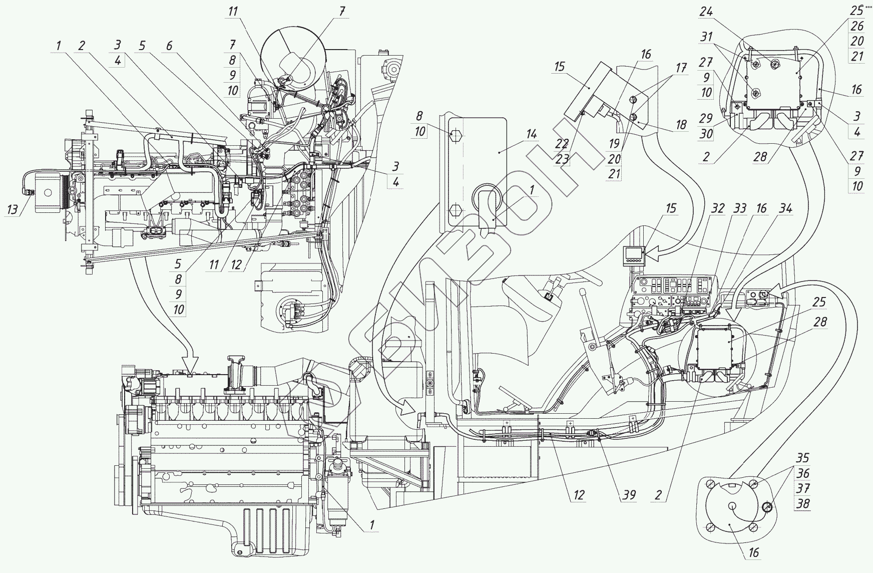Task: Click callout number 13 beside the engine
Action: [14, 209]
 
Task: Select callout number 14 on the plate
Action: [531, 134]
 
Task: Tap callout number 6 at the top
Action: [169, 46]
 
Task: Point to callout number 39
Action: [629, 495]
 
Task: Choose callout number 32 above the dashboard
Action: [718, 209]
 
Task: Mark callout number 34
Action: [786, 209]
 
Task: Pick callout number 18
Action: [681, 124]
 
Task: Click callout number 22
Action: [562, 144]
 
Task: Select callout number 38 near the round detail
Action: [802, 503]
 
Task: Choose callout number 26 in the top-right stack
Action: [857, 26]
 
